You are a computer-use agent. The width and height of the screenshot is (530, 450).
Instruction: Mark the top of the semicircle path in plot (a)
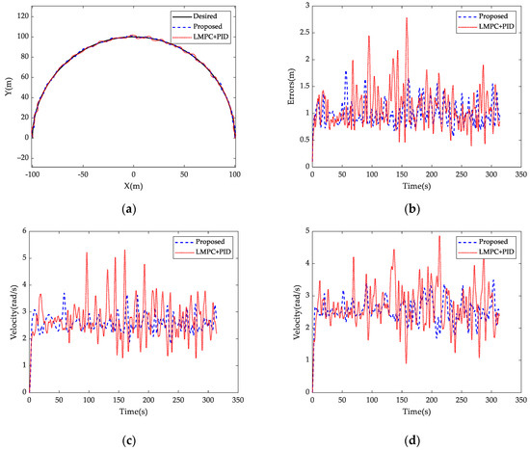coord(133,37)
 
